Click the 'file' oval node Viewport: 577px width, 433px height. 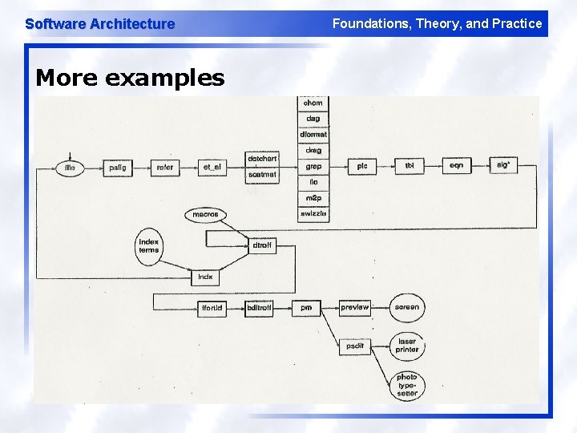pyautogui.click(x=70, y=168)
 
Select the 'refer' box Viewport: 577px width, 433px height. pyautogui.click(x=164, y=168)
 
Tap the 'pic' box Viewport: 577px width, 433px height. pyautogui.click(x=362, y=166)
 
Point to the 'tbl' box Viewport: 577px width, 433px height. pyautogui.click(x=410, y=166)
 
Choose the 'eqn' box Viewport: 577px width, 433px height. pyautogui.click(x=456, y=166)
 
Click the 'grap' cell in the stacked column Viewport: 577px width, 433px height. pyautogui.click(x=313, y=166)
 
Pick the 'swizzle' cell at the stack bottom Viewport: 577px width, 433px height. pyautogui.click(x=313, y=214)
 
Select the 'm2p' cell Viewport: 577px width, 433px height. pyautogui.click(x=313, y=198)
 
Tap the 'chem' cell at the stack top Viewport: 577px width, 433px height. pyautogui.click(x=313, y=103)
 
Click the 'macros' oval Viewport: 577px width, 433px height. pyautogui.click(x=205, y=215)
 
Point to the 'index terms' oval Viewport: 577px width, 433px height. pyautogui.click(x=149, y=245)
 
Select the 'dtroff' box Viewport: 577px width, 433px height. pyautogui.click(x=262, y=245)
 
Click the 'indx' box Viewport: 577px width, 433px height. pyautogui.click(x=206, y=277)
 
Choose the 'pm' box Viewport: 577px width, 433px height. pyautogui.click(x=306, y=307)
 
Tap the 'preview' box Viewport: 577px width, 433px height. pyautogui.click(x=354, y=307)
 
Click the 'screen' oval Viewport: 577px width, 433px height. pyautogui.click(x=407, y=307)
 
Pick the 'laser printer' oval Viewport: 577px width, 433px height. pyautogui.click(x=407, y=346)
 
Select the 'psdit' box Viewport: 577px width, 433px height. pyautogui.click(x=354, y=346)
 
